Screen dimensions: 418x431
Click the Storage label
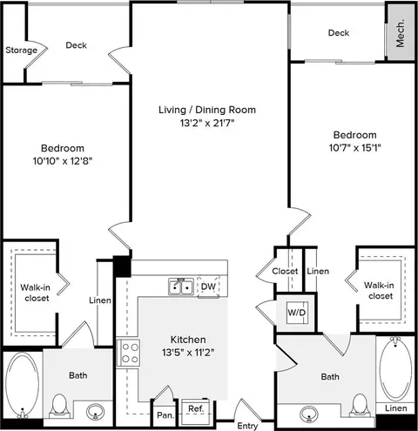click(x=22, y=51)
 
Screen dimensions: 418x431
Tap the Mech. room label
click(x=400, y=33)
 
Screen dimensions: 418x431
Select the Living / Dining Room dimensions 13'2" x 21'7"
click(x=207, y=123)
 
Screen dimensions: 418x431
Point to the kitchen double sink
click(x=181, y=286)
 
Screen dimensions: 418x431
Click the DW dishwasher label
click(x=208, y=286)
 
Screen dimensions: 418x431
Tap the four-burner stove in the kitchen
click(x=128, y=353)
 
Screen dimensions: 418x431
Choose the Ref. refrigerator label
click(x=196, y=409)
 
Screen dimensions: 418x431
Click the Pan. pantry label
click(x=165, y=415)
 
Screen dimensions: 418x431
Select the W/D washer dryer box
click(x=297, y=313)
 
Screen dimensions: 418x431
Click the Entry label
click(x=247, y=426)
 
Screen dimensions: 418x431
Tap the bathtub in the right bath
click(x=395, y=369)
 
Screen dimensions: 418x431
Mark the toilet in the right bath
click(x=360, y=406)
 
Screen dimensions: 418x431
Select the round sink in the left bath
click(x=95, y=411)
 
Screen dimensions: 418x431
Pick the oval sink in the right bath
click(x=309, y=414)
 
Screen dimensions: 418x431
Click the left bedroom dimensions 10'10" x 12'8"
click(x=63, y=160)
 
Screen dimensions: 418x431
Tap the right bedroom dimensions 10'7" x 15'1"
click(x=354, y=148)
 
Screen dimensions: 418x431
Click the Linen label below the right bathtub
click(x=396, y=408)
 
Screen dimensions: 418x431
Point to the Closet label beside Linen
click(x=285, y=272)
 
